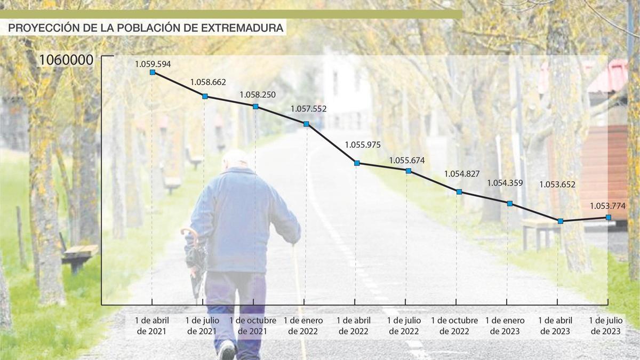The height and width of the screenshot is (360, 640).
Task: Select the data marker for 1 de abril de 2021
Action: (x=153, y=72)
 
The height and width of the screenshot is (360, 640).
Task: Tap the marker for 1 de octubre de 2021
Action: (x=255, y=107)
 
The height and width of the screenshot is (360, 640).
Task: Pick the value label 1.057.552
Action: (x=308, y=109)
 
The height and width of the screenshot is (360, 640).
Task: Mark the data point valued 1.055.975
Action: (x=357, y=163)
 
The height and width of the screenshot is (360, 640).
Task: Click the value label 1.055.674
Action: (x=407, y=159)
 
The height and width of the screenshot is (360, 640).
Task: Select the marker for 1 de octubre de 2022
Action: (x=459, y=191)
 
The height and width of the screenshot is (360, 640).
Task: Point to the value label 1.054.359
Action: (x=505, y=183)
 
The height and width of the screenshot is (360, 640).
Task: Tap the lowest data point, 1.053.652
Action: (x=561, y=221)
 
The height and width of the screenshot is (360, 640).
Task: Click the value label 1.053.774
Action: (x=607, y=206)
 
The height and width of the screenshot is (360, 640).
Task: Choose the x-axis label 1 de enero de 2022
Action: (x=303, y=326)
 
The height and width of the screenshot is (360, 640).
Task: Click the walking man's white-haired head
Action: (x=235, y=158)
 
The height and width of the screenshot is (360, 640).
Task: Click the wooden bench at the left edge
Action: (x=79, y=254)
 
